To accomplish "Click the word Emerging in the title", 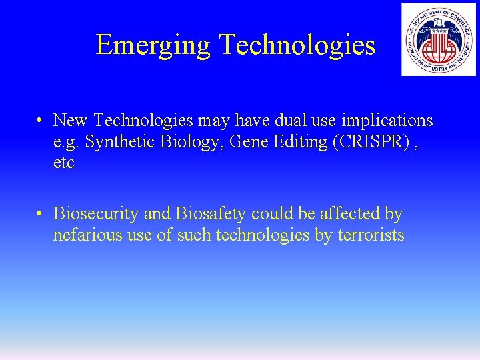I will click(x=153, y=45).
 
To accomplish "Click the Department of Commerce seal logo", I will click(x=439, y=39).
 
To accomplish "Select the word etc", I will click(x=64, y=163).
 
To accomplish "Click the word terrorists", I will click(x=371, y=235).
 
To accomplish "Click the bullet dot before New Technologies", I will click(x=41, y=121).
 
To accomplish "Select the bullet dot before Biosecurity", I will click(x=41, y=214).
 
